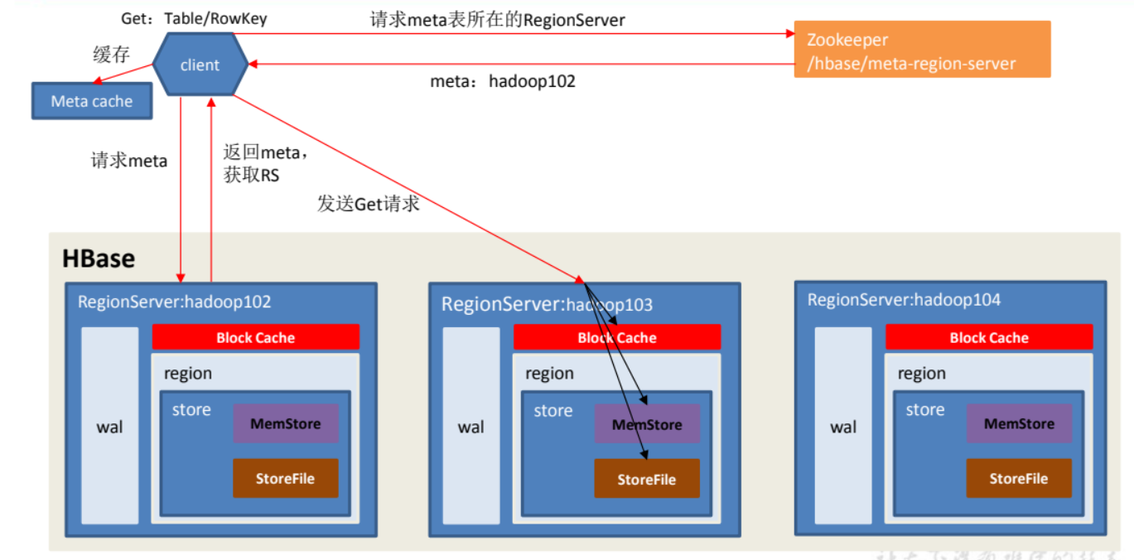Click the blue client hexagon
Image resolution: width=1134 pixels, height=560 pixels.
[x=200, y=65]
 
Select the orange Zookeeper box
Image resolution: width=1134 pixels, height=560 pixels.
[x=922, y=50]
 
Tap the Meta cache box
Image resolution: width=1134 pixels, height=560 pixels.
[x=92, y=101]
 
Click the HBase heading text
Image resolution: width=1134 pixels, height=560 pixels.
[x=99, y=258]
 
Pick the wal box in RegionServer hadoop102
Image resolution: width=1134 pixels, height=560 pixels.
[x=110, y=426]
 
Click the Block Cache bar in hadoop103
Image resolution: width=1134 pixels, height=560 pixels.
[x=617, y=337]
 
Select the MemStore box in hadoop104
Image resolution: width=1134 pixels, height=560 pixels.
[x=1019, y=423]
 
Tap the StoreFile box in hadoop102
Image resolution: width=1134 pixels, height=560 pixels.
[x=285, y=478]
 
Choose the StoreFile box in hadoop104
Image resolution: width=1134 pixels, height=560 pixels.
[x=1019, y=478]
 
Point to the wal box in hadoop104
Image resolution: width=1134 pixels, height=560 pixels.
[x=843, y=426]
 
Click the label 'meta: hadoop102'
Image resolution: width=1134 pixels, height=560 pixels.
[x=503, y=82]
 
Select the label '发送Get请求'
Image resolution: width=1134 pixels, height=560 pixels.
[x=368, y=203]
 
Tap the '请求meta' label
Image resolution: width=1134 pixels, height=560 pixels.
[x=129, y=161]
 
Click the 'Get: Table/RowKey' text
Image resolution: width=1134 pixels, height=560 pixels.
[x=195, y=18]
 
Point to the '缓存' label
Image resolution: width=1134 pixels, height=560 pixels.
[x=113, y=56]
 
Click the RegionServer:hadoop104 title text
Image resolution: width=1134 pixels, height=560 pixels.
[x=904, y=300]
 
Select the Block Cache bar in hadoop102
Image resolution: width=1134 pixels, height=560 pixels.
[x=255, y=337]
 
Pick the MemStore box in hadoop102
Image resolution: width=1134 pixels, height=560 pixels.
[x=285, y=423]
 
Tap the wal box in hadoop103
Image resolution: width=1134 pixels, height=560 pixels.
[x=471, y=426]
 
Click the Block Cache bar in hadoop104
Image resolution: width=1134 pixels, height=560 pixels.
[x=989, y=337]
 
